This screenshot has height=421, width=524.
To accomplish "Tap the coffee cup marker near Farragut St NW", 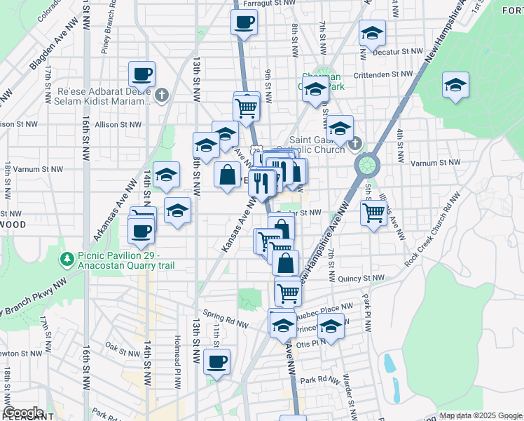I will [244, 22].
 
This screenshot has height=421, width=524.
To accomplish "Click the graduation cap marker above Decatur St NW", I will [373, 32].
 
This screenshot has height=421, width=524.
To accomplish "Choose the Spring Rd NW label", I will [226, 319].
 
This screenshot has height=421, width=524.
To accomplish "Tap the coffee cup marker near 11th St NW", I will [217, 362].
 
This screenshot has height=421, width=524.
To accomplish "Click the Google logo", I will [23, 413].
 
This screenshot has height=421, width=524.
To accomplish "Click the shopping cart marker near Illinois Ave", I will [374, 212].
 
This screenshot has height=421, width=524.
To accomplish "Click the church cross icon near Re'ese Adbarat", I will [162, 95].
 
